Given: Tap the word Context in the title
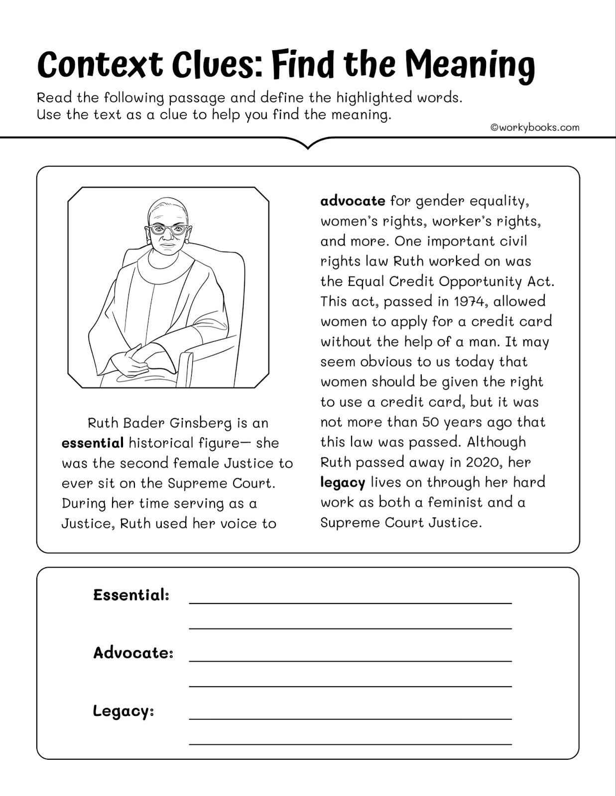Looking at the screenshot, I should point(100,66).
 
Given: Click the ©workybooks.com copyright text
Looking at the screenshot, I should point(535,127).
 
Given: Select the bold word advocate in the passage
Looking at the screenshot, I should point(353,201).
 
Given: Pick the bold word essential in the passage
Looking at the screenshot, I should point(93,443).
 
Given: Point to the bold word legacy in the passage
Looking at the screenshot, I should point(343,483).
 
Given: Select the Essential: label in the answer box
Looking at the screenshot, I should point(131,595).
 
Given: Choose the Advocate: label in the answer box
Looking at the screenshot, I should point(133,653).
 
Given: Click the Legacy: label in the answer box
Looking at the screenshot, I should point(123,711).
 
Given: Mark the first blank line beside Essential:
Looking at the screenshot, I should point(350,602).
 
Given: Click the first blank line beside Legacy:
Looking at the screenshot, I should point(350,718).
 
